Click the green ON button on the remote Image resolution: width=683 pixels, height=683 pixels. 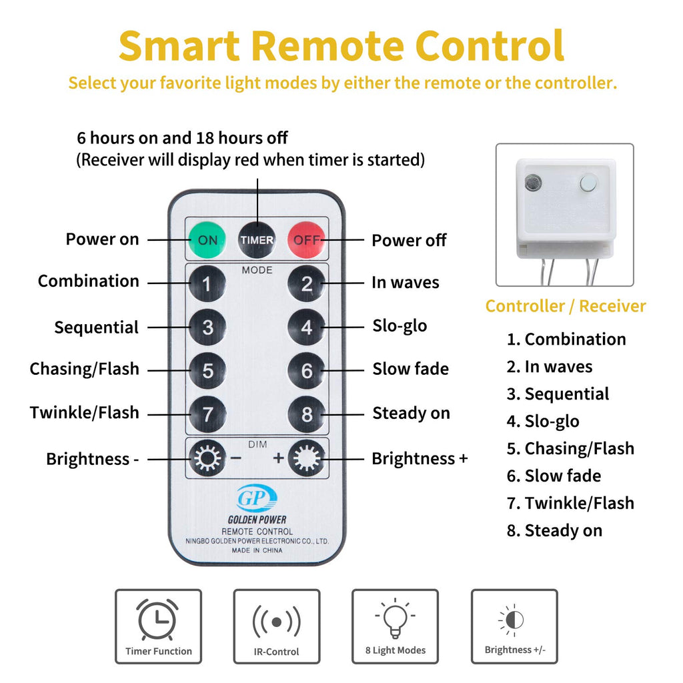(207, 240)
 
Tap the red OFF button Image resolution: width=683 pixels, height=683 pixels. (306, 240)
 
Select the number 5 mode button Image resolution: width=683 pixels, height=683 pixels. (207, 371)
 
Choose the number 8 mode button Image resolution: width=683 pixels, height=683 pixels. (306, 414)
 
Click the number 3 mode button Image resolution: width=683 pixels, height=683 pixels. (207, 327)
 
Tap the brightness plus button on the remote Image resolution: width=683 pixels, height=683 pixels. (306, 458)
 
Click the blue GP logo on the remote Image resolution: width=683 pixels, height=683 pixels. (257, 498)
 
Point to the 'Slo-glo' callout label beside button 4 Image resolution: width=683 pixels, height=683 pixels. (400, 326)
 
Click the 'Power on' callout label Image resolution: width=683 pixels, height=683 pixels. (102, 239)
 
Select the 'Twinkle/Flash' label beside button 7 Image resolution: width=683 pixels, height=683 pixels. (85, 412)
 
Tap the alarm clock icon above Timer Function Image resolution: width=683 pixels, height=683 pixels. (157, 620)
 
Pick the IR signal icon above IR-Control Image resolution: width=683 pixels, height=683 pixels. (276, 622)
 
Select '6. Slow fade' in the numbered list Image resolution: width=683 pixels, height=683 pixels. (554, 476)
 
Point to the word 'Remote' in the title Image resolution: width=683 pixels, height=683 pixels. (328, 45)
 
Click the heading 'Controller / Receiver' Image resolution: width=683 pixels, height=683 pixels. (566, 305)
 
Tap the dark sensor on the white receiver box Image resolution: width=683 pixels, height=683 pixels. (532, 183)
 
